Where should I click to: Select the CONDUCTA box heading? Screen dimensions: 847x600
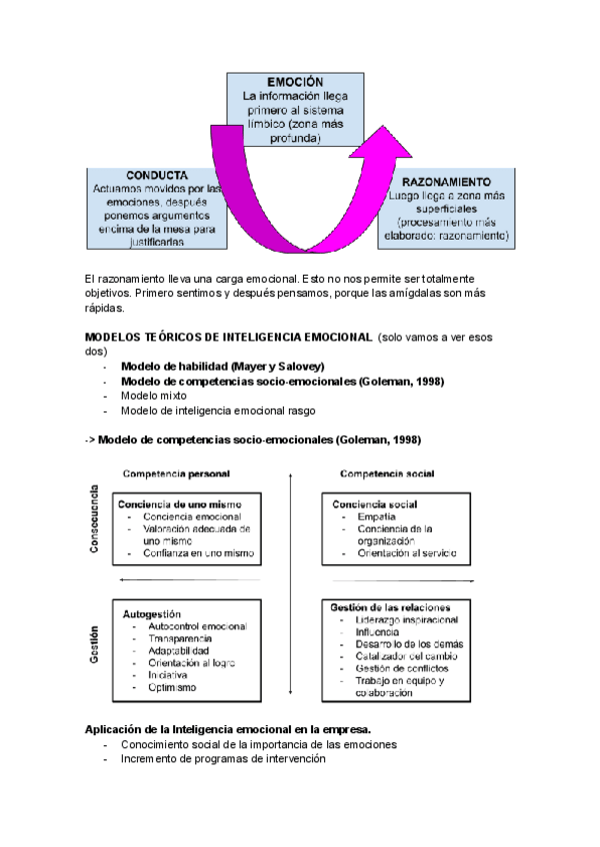click(157, 175)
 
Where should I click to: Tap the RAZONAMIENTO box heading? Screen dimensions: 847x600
click(445, 183)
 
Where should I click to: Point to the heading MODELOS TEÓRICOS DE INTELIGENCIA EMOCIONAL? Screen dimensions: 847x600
click(228, 338)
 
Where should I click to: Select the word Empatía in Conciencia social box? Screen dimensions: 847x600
click(374, 517)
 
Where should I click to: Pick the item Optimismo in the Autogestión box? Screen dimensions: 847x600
click(172, 687)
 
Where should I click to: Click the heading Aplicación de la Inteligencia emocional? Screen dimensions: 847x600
click(229, 730)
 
